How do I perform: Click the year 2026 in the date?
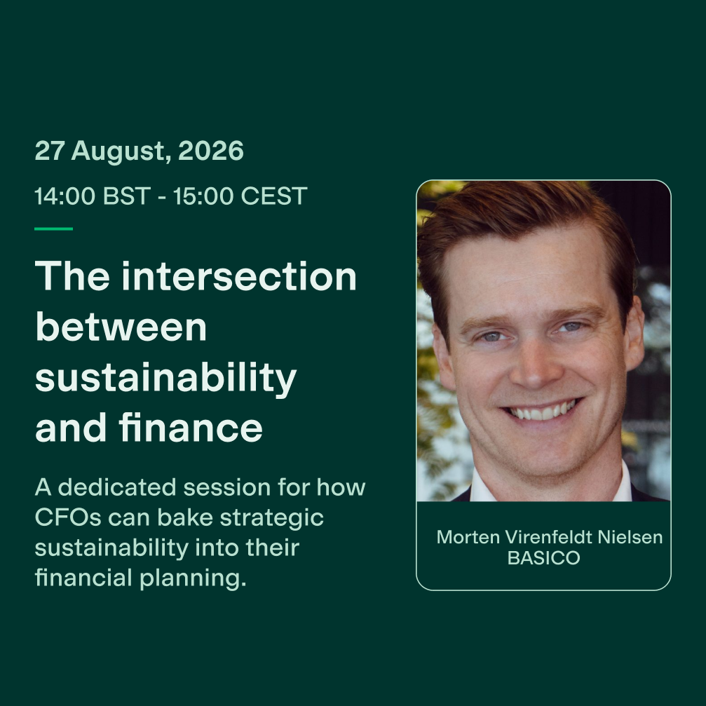coord(211,151)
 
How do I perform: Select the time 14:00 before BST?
coord(65,196)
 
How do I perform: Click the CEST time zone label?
coord(274,196)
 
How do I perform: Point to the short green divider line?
coord(53,229)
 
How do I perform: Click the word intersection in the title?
coord(239,276)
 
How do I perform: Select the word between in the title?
coord(121,327)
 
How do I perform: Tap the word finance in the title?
coord(191,427)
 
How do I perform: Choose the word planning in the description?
coord(194,578)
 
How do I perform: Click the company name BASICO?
coord(543,558)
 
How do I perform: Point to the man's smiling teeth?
coord(542,411)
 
